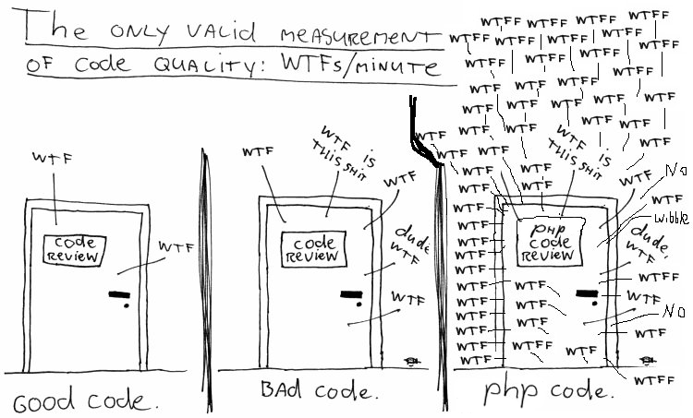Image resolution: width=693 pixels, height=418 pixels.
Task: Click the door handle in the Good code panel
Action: click(x=120, y=296)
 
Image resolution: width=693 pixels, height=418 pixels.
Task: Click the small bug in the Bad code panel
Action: click(x=412, y=359)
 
